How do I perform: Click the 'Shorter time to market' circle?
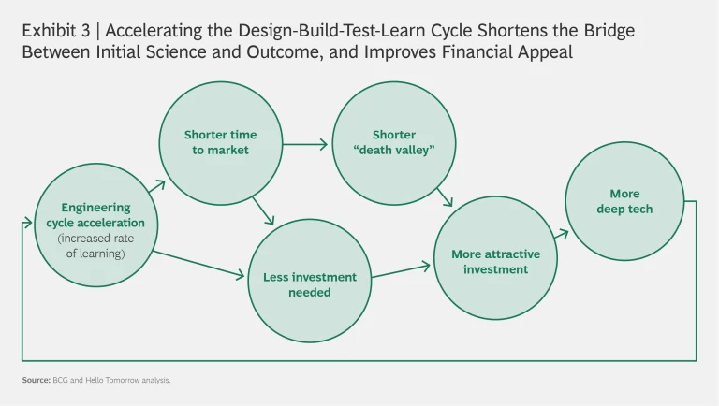pos(220,142)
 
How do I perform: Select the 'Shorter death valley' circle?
pos(394,142)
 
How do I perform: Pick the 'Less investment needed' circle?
pos(309,283)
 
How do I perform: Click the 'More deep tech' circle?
pos(624,202)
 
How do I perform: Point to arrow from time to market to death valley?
pos(305,144)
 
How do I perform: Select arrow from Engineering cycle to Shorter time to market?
pos(155,185)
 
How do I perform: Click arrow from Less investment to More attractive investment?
pos(400,270)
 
